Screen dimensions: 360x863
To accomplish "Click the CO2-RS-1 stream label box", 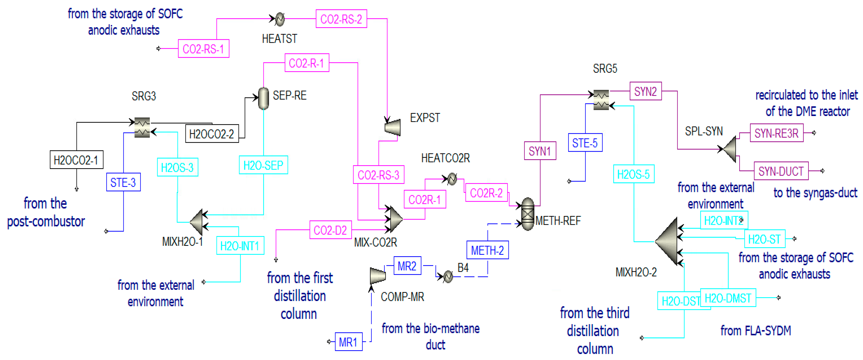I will (x=203, y=49).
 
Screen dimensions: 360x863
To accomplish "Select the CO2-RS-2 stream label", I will (x=341, y=19).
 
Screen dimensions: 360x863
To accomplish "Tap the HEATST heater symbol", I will (x=279, y=19).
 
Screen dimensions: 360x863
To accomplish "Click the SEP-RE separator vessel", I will (x=264, y=98).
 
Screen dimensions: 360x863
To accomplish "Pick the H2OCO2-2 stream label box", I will (x=212, y=134).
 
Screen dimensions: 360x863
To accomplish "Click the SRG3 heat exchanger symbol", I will (x=142, y=127).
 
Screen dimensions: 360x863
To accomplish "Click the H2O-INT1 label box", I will (x=240, y=246).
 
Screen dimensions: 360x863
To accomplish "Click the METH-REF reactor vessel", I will (x=528, y=214).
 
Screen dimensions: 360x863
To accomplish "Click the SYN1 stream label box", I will (x=540, y=151).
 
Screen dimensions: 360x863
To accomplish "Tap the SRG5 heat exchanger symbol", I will (x=601, y=100).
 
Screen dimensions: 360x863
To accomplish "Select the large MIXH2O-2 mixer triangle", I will (x=668, y=241).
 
